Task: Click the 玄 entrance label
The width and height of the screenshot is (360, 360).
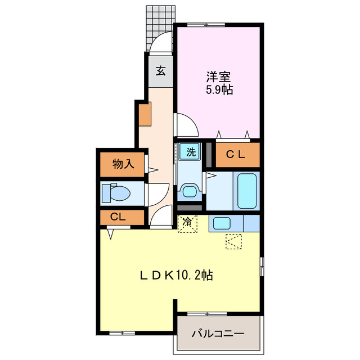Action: pyautogui.click(x=160, y=71)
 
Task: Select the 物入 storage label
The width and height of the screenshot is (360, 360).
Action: pyautogui.click(x=123, y=164)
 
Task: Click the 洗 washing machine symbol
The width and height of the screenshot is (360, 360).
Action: pyautogui.click(x=191, y=151)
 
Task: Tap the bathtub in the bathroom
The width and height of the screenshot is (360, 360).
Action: pyautogui.click(x=247, y=191)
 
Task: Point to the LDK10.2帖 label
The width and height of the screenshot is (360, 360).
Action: pyautogui.click(x=176, y=276)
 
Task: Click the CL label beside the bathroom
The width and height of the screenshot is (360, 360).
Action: pyautogui.click(x=235, y=155)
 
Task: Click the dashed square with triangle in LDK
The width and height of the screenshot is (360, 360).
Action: pyautogui.click(x=233, y=241)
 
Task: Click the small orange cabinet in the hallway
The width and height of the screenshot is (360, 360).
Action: pyautogui.click(x=145, y=115)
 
